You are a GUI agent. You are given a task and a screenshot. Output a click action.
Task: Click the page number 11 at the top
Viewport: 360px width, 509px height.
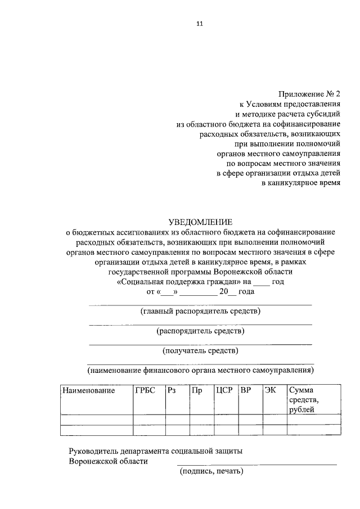pos(200,24)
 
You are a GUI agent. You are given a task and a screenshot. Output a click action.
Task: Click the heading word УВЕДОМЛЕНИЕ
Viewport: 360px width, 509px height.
pos(200,222)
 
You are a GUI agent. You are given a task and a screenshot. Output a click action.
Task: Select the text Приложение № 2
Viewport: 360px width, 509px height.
pos(310,94)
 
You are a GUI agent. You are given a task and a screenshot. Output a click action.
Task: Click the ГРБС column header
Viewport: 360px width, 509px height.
pos(145,390)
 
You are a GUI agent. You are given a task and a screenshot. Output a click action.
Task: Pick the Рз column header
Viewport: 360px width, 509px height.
pos(172,390)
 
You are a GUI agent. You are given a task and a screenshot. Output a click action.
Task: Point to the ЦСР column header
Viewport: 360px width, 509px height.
pos(224,390)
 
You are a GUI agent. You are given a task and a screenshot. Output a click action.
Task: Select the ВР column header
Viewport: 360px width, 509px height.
pos(245,390)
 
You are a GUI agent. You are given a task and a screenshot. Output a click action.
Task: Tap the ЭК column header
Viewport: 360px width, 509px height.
pos(270,390)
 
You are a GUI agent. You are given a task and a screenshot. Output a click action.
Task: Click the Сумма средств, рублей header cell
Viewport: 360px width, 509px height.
pos(304,399)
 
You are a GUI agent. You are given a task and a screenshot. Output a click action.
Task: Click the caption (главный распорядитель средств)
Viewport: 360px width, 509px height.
pos(200,311)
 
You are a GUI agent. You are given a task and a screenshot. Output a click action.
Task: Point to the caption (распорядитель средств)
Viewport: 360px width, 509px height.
pos(200,331)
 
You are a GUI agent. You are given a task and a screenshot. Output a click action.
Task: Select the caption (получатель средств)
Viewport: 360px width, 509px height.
pos(200,352)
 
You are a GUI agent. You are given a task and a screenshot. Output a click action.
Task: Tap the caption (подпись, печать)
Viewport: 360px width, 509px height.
pos(211,472)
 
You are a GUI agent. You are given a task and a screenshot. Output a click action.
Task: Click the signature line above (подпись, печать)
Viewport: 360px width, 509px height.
pos(256,464)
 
